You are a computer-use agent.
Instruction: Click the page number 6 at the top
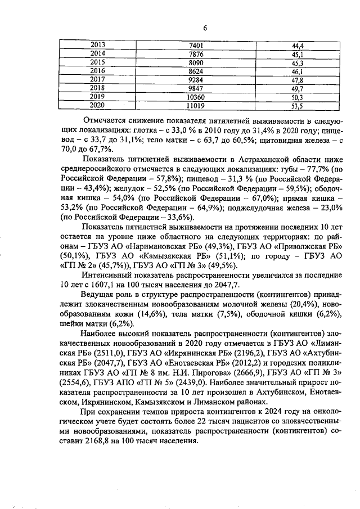click(205, 28)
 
